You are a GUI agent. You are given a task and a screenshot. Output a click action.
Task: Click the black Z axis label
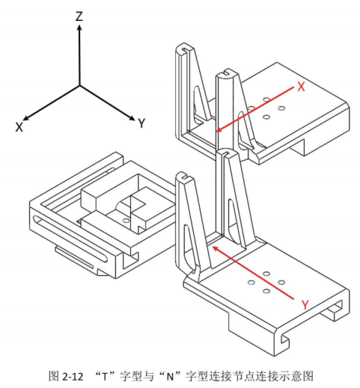pyautogui.click(x=79, y=16)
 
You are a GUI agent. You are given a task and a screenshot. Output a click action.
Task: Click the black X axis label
pyautogui.click(x=19, y=127)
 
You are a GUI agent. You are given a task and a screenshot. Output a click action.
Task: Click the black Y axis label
pyautogui.click(x=141, y=123)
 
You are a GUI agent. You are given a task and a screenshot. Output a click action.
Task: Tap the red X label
pyautogui.click(x=301, y=87)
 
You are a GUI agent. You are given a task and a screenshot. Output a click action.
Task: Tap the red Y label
pyautogui.click(x=305, y=304)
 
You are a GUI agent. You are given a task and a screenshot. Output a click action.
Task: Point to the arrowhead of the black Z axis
pyautogui.click(x=79, y=27)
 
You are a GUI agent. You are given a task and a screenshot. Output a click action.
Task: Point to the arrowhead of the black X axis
pyautogui.click(x=25, y=119)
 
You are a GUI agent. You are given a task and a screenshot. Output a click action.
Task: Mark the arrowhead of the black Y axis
pyautogui.click(x=133, y=119)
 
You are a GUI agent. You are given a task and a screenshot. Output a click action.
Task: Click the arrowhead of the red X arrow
pyautogui.click(x=218, y=130)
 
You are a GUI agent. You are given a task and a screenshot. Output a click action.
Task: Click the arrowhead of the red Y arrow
pyautogui.click(x=214, y=247)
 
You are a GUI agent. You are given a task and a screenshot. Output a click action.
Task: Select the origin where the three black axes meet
pyautogui.click(x=79, y=86)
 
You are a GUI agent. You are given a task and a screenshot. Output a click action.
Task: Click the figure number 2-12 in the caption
pyautogui.click(x=73, y=376)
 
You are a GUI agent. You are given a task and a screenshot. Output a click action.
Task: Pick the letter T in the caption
pyautogui.click(x=105, y=376)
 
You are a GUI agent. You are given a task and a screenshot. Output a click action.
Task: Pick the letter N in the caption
pyautogui.click(x=170, y=376)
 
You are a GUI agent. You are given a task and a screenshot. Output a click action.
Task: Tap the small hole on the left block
pyautogui.click(x=126, y=221)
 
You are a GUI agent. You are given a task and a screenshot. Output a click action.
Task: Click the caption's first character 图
pyautogui.click(x=54, y=376)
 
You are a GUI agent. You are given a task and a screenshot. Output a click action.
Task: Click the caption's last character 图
pyautogui.click(x=308, y=376)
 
